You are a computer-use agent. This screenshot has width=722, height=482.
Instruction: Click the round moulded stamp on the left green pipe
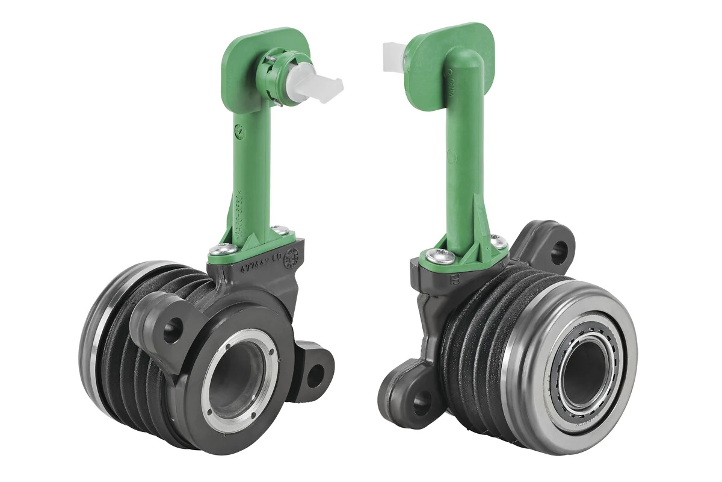coord(240,130)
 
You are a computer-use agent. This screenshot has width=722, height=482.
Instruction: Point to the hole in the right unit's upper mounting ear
coord(558,248)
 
